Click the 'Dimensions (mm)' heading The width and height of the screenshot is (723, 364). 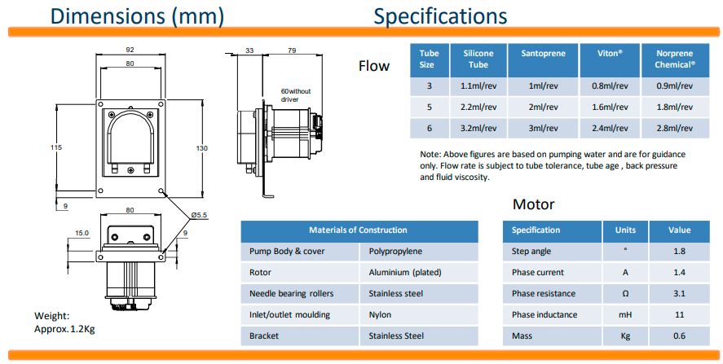(137, 15)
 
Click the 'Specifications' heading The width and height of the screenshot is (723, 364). (440, 15)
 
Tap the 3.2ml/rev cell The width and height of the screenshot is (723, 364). (478, 127)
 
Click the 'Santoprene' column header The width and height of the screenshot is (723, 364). (542, 53)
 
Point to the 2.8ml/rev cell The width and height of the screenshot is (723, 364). (675, 127)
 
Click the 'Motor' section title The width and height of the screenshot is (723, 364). (534, 204)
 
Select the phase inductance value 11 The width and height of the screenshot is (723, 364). (680, 314)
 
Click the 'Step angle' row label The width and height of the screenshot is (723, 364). (531, 251)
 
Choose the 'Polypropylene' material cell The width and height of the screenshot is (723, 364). (395, 251)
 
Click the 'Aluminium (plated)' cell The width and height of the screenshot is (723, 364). (404, 272)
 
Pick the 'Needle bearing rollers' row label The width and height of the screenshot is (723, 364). (292, 293)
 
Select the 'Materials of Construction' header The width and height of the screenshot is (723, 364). (358, 230)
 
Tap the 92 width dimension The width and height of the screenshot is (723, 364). (130, 48)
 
